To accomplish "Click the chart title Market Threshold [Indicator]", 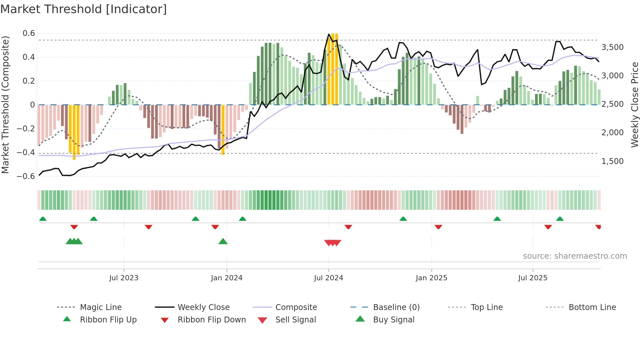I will [x=84, y=9].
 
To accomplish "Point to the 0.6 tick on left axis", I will [x=29, y=33].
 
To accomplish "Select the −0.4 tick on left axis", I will [x=26, y=153].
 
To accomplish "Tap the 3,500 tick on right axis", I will [x=612, y=47].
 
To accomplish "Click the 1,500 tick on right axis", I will [x=612, y=161].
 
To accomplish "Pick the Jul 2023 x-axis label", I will [x=124, y=278].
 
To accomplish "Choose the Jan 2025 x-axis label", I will [x=431, y=278].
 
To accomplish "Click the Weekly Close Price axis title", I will [x=634, y=105].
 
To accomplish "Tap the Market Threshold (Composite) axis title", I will [x=5, y=105].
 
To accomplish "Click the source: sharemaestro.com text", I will [x=575, y=256].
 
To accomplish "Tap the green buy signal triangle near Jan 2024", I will [x=223, y=242].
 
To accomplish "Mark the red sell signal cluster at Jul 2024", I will [x=333, y=243].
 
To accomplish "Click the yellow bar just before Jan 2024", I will [x=223, y=130].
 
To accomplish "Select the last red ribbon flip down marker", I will [x=598, y=227].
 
